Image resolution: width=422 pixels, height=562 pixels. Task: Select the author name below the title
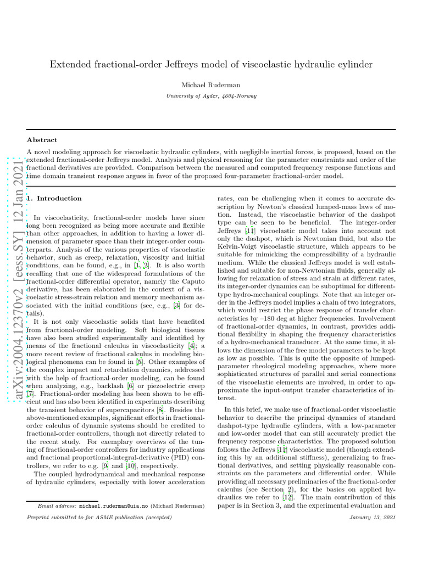tap(211, 85)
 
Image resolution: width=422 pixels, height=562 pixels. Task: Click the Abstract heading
tap(42, 140)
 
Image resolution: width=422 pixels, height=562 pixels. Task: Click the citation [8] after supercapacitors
tap(159, 410)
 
